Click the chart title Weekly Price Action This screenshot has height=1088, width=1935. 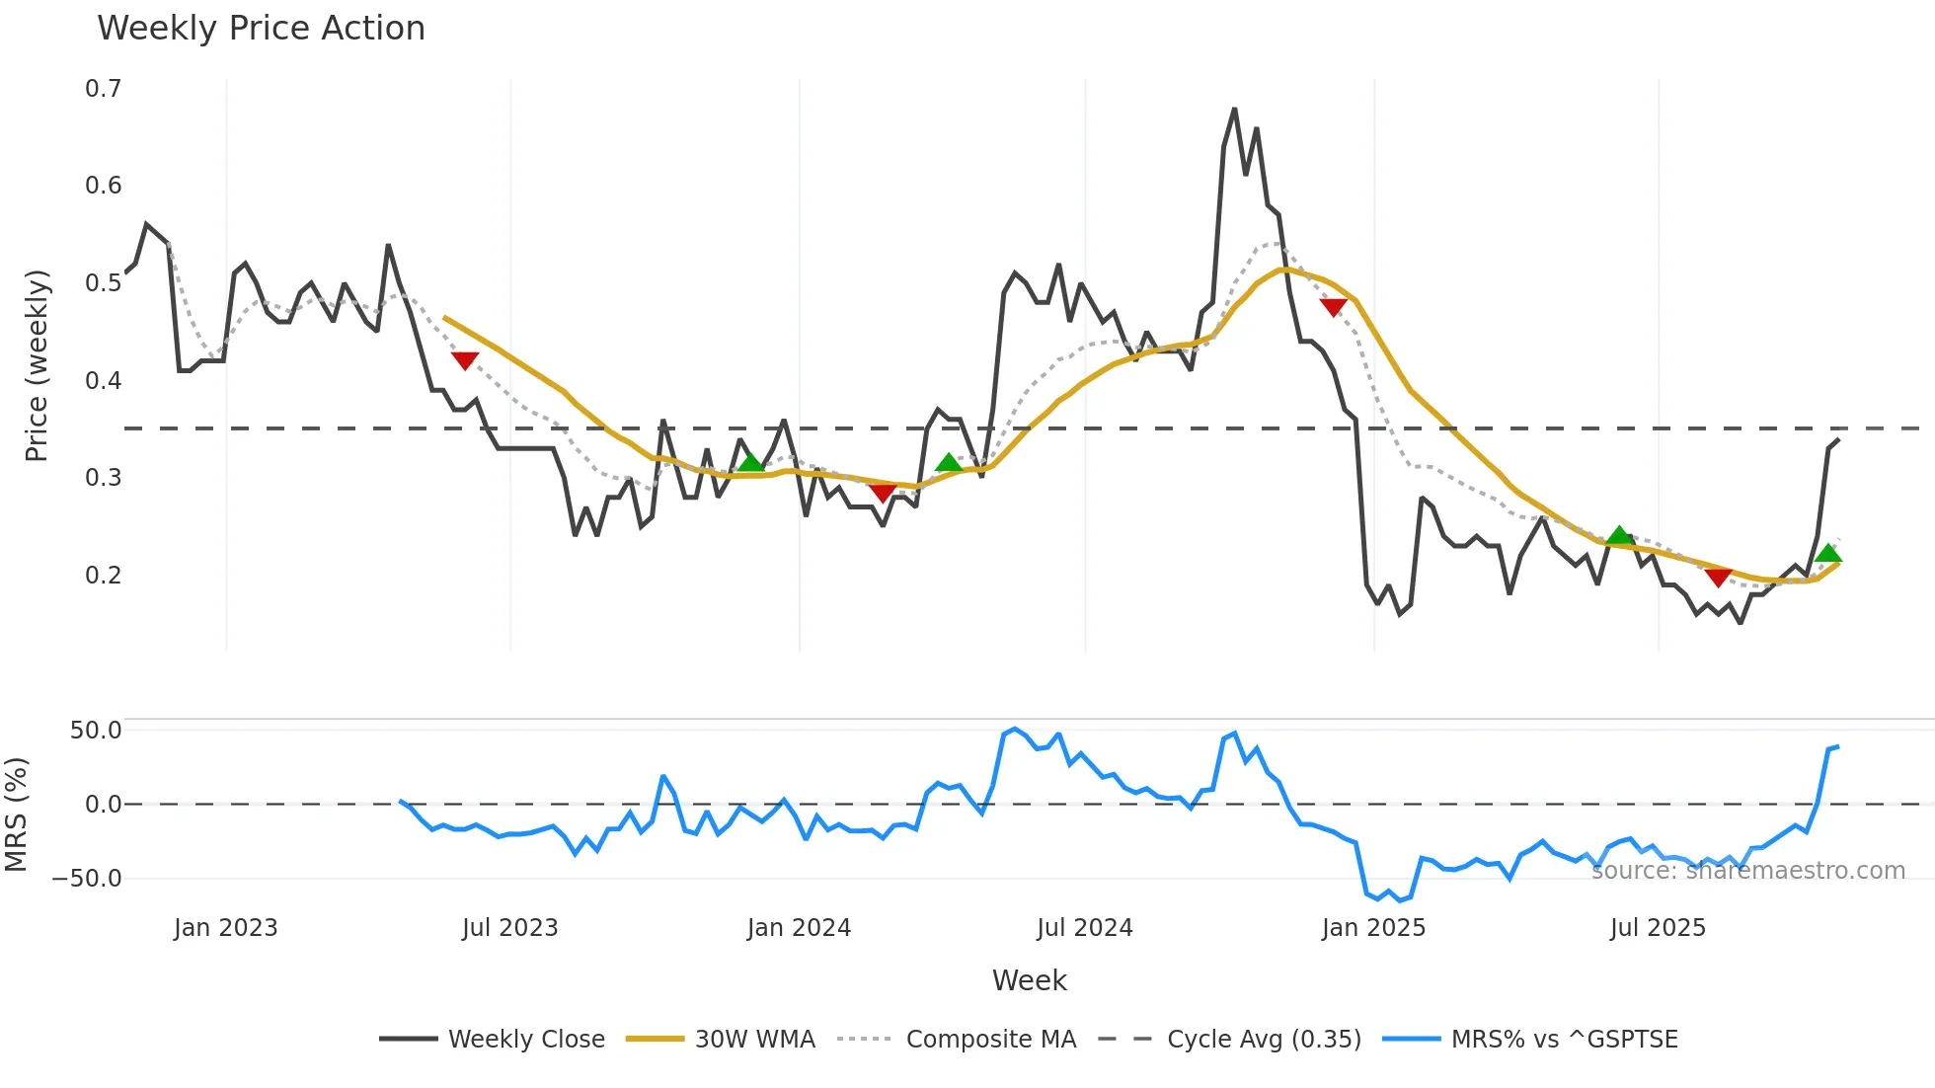pos(261,29)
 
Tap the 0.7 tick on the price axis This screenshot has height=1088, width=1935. pos(103,89)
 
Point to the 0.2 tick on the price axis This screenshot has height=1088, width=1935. pos(103,575)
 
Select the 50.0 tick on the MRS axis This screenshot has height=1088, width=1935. pos(96,731)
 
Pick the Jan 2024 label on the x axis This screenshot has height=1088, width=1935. pos(799,928)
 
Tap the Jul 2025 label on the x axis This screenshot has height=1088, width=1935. pos(1658,928)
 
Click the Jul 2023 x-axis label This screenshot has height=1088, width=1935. pos(510,928)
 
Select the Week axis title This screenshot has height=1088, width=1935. pos(1029,980)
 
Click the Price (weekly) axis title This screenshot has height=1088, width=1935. pos(37,365)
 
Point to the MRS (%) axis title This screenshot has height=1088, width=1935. pos(16,815)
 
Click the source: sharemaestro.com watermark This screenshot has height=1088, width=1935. pos(1747,871)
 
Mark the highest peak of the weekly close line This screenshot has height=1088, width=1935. pos(1234,110)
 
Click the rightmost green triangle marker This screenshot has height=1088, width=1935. pos(1828,553)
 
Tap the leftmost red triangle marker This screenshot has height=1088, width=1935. pos(465,361)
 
